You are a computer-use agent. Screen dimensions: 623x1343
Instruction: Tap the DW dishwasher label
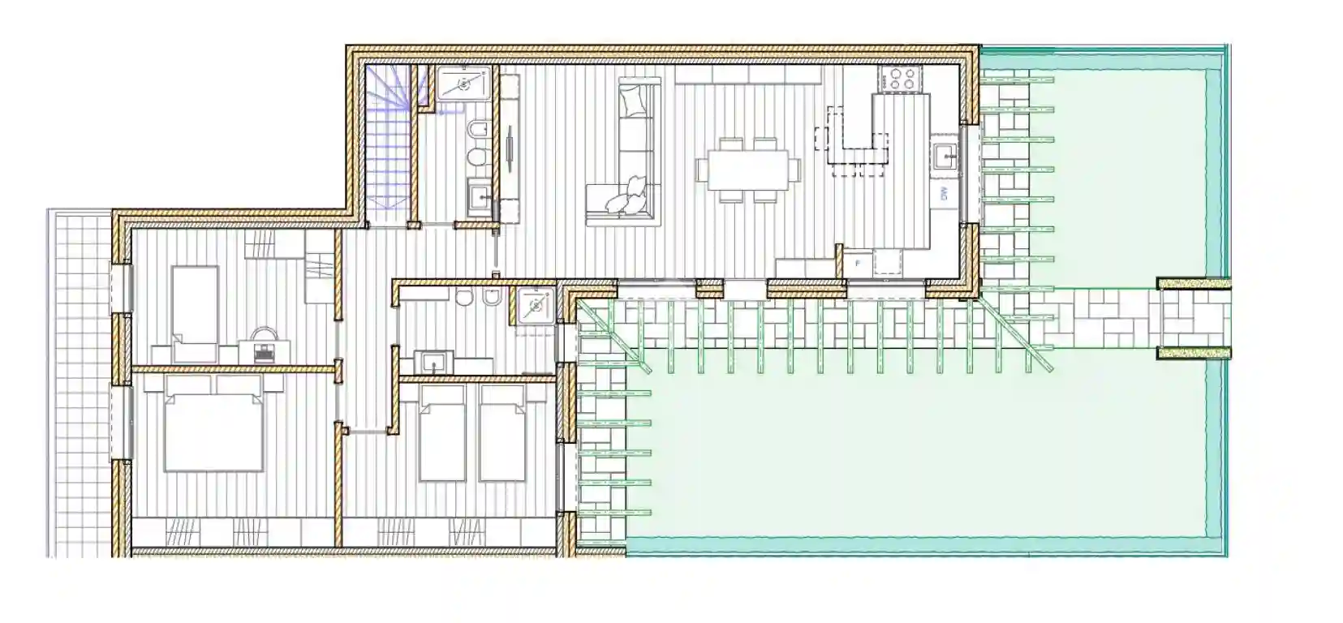[944, 193]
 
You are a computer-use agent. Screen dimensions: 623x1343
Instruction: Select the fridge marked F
[858, 264]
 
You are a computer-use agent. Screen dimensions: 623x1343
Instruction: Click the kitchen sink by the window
[944, 155]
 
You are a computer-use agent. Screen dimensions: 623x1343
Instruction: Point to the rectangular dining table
[747, 169]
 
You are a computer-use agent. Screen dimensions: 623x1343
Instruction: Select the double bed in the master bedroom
[213, 428]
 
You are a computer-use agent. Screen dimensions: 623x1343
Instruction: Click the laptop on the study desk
[264, 351]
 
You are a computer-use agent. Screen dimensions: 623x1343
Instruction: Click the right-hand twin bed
[503, 432]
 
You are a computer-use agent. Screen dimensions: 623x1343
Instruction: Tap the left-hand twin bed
[442, 432]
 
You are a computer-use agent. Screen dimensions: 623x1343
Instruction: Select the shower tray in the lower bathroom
[535, 306]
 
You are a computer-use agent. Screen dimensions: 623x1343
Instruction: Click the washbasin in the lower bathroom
[434, 360]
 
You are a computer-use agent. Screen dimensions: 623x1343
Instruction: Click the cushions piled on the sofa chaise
[631, 197]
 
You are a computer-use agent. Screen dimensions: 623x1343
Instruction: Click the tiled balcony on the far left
[78, 381]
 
